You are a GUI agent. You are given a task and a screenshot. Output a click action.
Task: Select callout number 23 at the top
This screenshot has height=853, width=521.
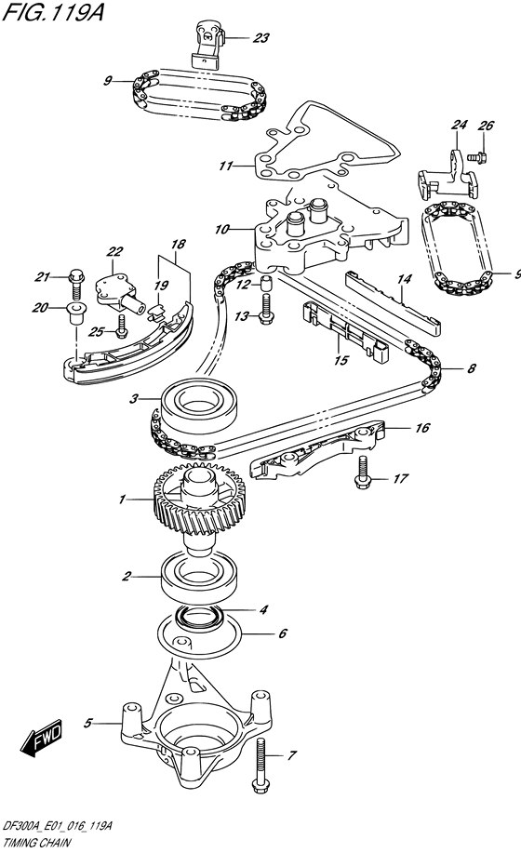260,38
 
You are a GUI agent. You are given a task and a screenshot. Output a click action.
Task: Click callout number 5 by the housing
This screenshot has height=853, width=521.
89,721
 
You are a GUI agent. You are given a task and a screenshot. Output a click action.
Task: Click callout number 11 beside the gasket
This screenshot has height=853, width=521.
224,167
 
